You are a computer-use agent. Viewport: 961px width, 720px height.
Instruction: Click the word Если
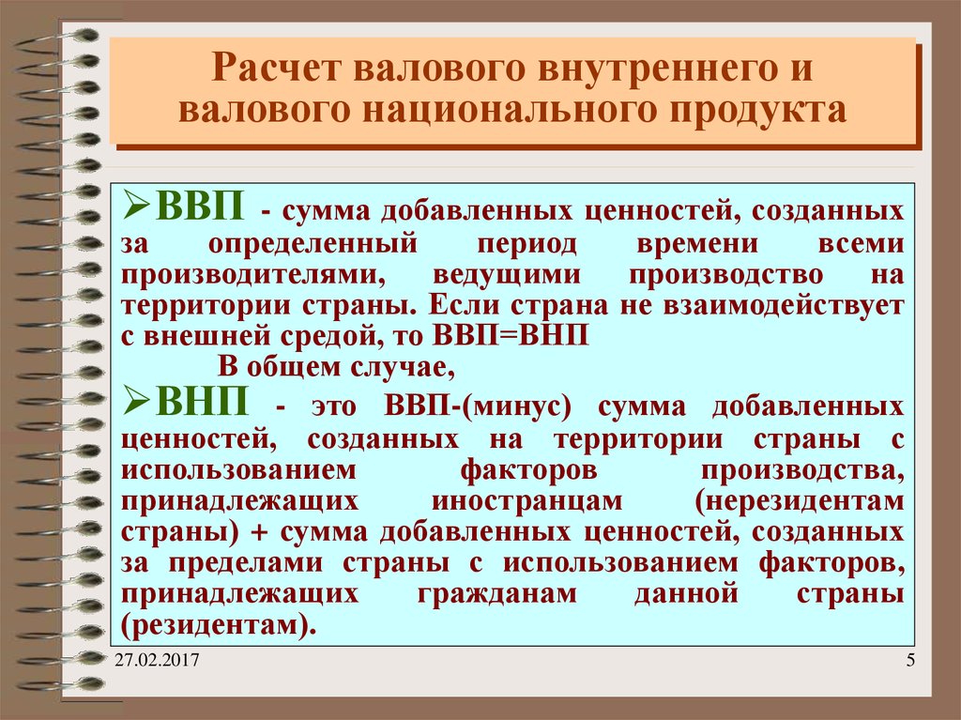click(x=455, y=306)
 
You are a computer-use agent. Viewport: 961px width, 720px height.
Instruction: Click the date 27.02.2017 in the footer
click(x=157, y=665)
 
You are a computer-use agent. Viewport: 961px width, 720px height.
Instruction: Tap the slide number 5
click(x=910, y=664)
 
